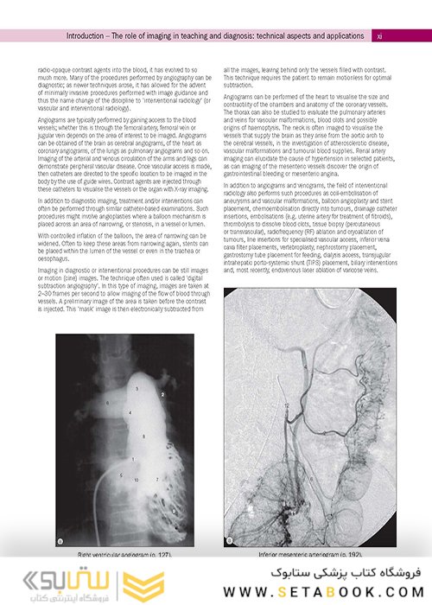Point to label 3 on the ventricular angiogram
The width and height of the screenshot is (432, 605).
[136, 390]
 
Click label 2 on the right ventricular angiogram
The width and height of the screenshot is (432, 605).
[161, 394]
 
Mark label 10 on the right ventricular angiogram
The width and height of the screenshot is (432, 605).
[136, 478]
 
